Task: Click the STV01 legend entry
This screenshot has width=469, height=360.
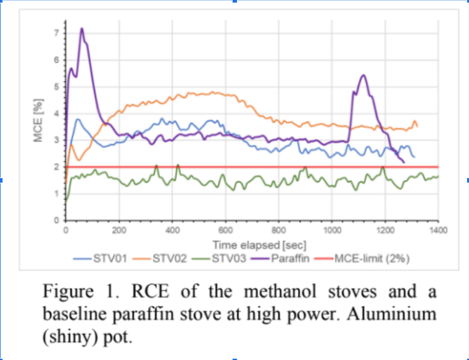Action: [x=100, y=258]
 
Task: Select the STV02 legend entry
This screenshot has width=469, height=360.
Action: [x=160, y=258]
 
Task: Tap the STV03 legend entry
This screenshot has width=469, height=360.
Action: [x=219, y=258]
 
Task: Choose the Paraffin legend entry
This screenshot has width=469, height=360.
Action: [x=280, y=258]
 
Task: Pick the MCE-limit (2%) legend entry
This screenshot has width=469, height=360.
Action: [x=362, y=258]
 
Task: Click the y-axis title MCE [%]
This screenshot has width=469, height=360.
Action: [x=38, y=120]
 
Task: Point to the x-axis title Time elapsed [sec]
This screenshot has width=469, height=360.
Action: [x=260, y=246]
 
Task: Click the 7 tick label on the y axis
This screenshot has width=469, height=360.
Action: [x=57, y=33]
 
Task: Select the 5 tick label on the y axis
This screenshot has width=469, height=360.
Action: [x=57, y=87]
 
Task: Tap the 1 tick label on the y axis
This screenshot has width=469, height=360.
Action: [x=57, y=194]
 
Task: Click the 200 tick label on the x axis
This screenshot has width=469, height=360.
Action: [x=119, y=230]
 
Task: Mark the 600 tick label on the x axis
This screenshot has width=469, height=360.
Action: [x=226, y=230]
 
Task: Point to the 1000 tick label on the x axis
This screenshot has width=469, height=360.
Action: [x=332, y=230]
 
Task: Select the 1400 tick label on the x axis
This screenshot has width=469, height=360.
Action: [x=438, y=230]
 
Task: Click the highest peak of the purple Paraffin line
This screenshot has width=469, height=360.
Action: [x=81, y=29]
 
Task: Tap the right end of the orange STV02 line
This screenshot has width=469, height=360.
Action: [x=418, y=127]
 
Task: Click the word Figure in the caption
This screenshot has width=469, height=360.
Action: [x=68, y=292]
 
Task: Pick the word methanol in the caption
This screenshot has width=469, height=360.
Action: [x=280, y=291]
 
